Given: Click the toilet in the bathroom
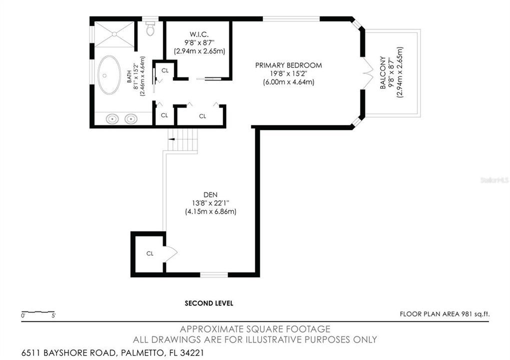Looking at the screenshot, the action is pyautogui.click(x=150, y=28).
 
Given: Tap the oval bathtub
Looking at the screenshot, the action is pyautogui.click(x=109, y=75).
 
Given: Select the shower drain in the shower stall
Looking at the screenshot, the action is pyautogui.click(x=114, y=33).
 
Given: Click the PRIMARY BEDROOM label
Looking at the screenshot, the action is pyautogui.click(x=288, y=65).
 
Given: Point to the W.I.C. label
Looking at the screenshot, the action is pyautogui.click(x=199, y=34).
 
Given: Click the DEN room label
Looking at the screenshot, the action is pyautogui.click(x=210, y=195).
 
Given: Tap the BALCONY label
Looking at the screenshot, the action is pyautogui.click(x=383, y=73).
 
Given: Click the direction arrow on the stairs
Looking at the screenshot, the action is pyautogui.click(x=171, y=139).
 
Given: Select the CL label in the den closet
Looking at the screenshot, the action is pyautogui.click(x=150, y=253).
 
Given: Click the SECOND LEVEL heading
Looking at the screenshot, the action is pyautogui.click(x=209, y=303).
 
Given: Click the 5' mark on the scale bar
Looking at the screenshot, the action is pyautogui.click(x=54, y=315).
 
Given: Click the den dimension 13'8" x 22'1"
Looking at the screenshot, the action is pyautogui.click(x=210, y=203).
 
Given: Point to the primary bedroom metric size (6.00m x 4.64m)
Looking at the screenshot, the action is pyautogui.click(x=288, y=82).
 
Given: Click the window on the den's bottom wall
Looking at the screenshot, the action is pyautogui.click(x=214, y=275).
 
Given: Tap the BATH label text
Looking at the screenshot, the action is pyautogui.click(x=130, y=76).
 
